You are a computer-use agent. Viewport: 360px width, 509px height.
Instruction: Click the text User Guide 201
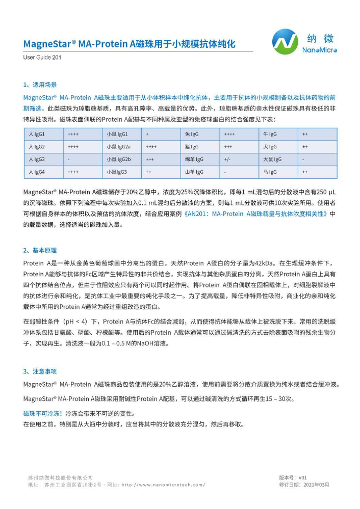click(42, 58)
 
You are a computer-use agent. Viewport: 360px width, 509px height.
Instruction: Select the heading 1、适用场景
click(40, 85)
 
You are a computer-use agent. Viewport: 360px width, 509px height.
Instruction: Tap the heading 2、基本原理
click(40, 251)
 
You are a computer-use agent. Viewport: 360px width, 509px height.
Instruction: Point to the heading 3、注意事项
click(40, 371)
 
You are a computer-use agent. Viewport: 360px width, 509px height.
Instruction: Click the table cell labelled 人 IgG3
click(37, 159)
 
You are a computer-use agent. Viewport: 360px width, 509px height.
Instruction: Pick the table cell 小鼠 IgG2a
click(118, 147)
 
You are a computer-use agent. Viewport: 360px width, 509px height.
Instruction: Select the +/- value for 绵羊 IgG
click(227, 159)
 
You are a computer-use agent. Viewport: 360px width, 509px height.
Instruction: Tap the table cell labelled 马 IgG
click(270, 172)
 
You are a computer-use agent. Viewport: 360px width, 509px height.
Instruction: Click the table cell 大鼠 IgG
click(272, 159)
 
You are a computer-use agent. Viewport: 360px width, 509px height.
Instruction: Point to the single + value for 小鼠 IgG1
click(147, 134)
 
